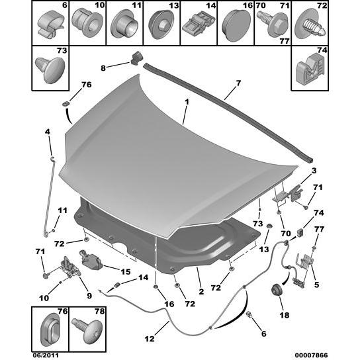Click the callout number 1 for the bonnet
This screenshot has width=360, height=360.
coord(187,103)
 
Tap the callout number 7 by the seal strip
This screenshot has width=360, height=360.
coord(238,83)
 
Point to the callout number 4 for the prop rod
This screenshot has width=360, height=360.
coord(47,132)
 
